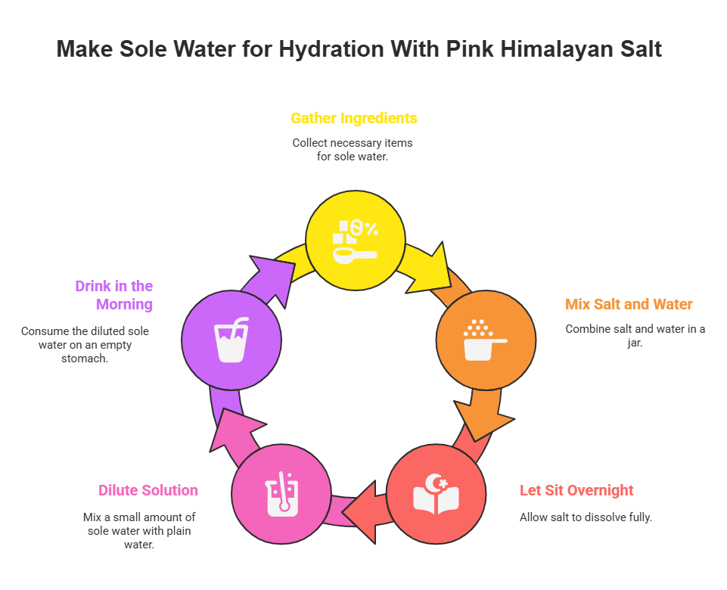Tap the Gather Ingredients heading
point(354,118)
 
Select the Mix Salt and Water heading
point(628,304)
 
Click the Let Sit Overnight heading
point(576,490)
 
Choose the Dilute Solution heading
point(148,490)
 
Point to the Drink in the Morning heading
point(114,295)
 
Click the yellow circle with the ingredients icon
point(356,240)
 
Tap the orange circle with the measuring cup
point(486,340)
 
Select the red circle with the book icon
point(436,494)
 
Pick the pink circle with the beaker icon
point(281,494)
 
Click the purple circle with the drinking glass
point(231,340)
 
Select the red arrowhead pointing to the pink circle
point(361,512)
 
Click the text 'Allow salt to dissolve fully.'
point(586,517)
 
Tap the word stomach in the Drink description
point(85,359)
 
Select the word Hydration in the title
point(331,49)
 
